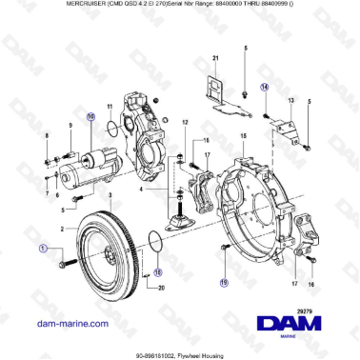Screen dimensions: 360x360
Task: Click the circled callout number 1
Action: [x=43, y=248]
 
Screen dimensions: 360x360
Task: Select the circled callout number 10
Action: [x=91, y=118]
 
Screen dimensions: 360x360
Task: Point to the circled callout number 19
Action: [x=223, y=283]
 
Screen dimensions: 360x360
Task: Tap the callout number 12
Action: [x=185, y=123]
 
